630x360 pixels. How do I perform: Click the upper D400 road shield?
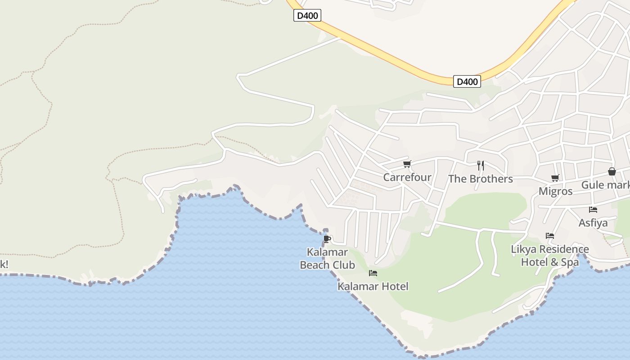(308, 16)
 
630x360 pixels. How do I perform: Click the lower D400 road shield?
(467, 81)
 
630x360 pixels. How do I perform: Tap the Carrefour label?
(407, 177)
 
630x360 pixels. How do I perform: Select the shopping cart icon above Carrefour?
(407, 164)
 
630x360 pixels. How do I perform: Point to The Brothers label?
(480, 179)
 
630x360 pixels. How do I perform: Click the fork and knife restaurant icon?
(481, 166)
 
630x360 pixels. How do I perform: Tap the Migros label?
(555, 191)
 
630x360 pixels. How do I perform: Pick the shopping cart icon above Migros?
(555, 178)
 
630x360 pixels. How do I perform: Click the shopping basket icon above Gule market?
(612, 171)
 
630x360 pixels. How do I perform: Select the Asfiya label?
(593, 223)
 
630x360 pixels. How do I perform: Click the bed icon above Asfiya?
(593, 210)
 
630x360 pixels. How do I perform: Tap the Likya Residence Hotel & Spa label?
(550, 255)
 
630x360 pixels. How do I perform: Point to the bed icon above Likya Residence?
(549, 236)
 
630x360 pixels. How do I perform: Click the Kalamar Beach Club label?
(327, 258)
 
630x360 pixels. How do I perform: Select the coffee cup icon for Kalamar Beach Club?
(327, 238)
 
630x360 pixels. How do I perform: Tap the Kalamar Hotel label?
(373, 286)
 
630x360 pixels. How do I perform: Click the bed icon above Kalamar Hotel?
(373, 273)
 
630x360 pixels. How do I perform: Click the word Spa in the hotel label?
(569, 262)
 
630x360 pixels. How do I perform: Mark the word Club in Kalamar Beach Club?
(344, 265)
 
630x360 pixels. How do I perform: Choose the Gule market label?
(605, 185)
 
